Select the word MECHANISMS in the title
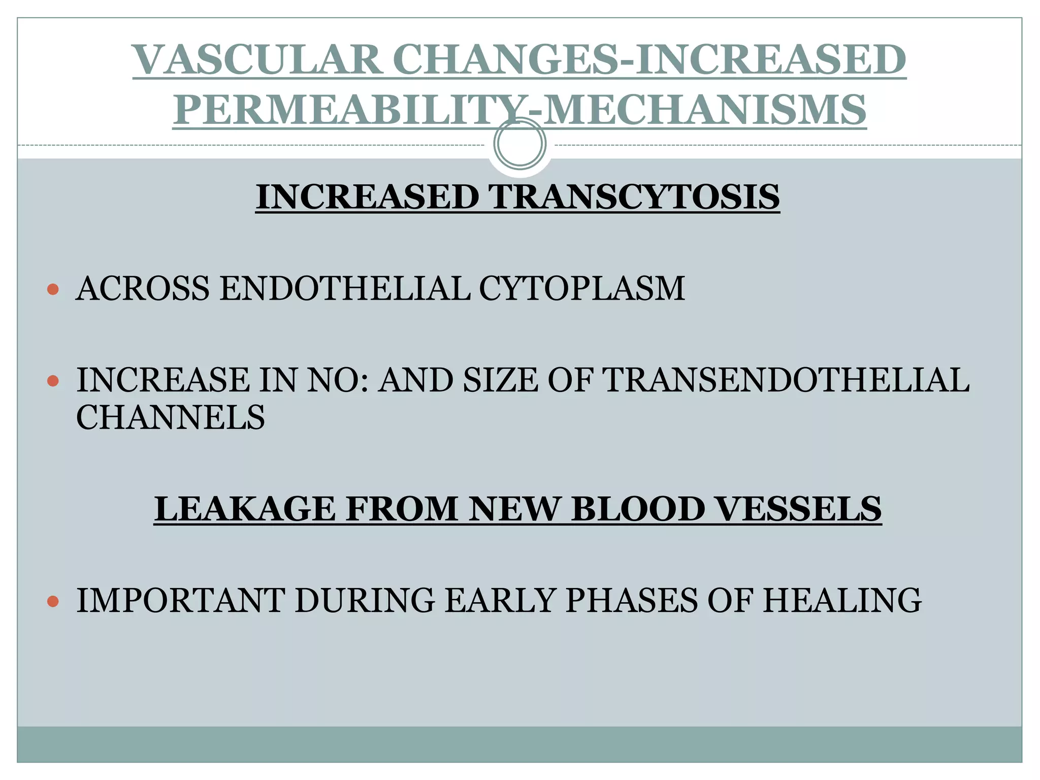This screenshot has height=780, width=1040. (x=705, y=110)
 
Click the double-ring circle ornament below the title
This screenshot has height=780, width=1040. (x=519, y=144)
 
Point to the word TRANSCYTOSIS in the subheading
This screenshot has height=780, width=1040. (x=634, y=197)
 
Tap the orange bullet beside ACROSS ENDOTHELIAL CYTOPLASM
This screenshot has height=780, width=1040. (x=53, y=289)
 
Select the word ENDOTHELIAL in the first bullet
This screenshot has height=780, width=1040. (x=345, y=288)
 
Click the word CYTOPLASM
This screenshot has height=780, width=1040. (x=582, y=288)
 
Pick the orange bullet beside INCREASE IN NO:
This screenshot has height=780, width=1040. (x=53, y=381)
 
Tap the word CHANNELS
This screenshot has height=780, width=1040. (x=171, y=417)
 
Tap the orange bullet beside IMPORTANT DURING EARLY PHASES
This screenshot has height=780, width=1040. (x=53, y=602)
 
